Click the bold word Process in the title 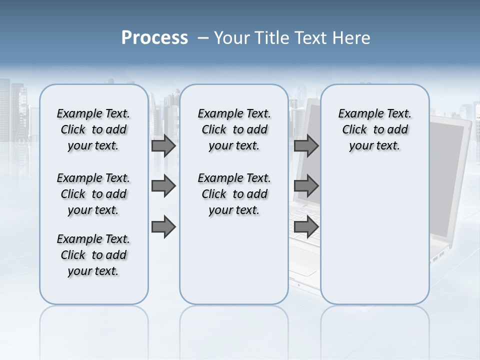click(x=154, y=38)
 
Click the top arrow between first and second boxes click(x=163, y=145)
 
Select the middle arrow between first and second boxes click(x=163, y=186)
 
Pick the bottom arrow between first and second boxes click(x=163, y=227)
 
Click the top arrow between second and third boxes click(x=306, y=145)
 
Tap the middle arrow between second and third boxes click(x=306, y=186)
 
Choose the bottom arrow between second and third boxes click(x=306, y=227)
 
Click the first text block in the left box click(x=93, y=129)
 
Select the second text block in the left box click(x=93, y=194)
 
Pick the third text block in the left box click(x=93, y=255)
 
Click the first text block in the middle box click(x=234, y=129)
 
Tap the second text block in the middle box click(x=234, y=194)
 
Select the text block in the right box click(x=374, y=129)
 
